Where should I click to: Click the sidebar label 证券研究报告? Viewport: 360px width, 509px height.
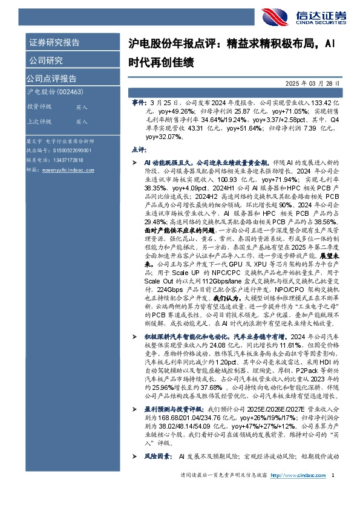54,43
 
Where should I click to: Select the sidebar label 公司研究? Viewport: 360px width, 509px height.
46,60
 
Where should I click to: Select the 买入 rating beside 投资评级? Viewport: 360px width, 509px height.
82,107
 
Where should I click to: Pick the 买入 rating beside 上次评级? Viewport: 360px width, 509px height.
82,122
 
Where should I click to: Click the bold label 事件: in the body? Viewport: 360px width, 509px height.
139,104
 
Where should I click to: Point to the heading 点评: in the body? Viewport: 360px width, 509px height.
138,149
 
